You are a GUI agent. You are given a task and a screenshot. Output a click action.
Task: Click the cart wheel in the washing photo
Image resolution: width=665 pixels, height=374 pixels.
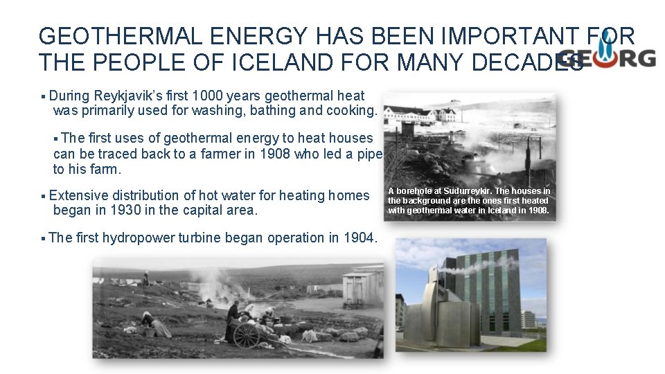click(247, 335)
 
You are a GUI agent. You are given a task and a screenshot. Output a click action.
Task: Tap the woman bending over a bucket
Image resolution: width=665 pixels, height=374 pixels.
click(156, 324)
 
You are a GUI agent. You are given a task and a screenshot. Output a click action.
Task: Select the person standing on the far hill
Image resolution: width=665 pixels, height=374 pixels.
click(145, 278)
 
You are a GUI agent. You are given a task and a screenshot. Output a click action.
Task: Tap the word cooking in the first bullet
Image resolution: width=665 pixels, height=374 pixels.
click(355, 110)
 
